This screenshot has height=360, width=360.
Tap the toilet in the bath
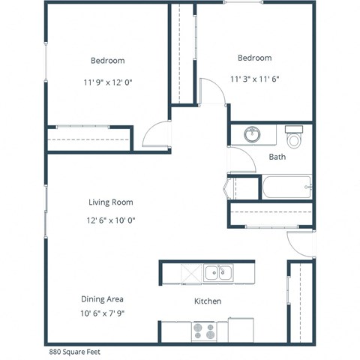[x=294, y=139]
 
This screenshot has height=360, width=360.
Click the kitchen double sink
[x=218, y=271]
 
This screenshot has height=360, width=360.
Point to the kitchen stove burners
[x=203, y=330]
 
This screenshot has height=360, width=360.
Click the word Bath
[x=277, y=157]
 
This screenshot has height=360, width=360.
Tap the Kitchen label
[x=208, y=301]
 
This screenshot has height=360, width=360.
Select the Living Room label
[x=111, y=202]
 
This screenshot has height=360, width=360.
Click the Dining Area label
[x=103, y=298]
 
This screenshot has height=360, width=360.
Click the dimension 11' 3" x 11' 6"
[x=254, y=76]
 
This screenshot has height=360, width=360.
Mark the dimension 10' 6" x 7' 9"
[x=103, y=314]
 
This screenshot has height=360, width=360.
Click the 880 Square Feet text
[x=75, y=351]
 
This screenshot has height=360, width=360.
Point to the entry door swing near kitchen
[x=300, y=244]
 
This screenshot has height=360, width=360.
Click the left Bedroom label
[x=108, y=61]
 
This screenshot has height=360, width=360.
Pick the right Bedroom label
[x=254, y=58]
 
